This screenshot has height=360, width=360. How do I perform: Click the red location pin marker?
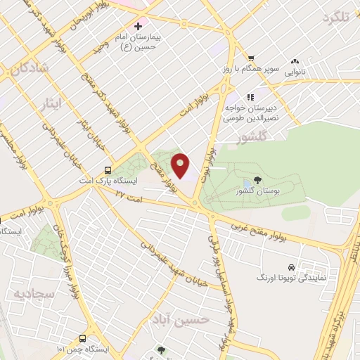point(181,166)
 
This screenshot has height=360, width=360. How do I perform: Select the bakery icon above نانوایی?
point(295,62)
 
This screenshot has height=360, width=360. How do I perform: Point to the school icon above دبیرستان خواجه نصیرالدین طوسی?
point(249,98)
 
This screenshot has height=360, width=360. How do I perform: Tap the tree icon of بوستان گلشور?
point(257,181)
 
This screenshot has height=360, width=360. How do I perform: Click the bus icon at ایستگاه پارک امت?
point(107,169)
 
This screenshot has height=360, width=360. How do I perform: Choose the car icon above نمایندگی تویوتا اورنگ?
point(291,268)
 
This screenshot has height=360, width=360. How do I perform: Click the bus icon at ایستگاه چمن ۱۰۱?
point(82,338)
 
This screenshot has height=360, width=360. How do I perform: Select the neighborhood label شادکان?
point(27,67)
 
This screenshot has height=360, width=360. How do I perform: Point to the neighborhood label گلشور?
point(255,137)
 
